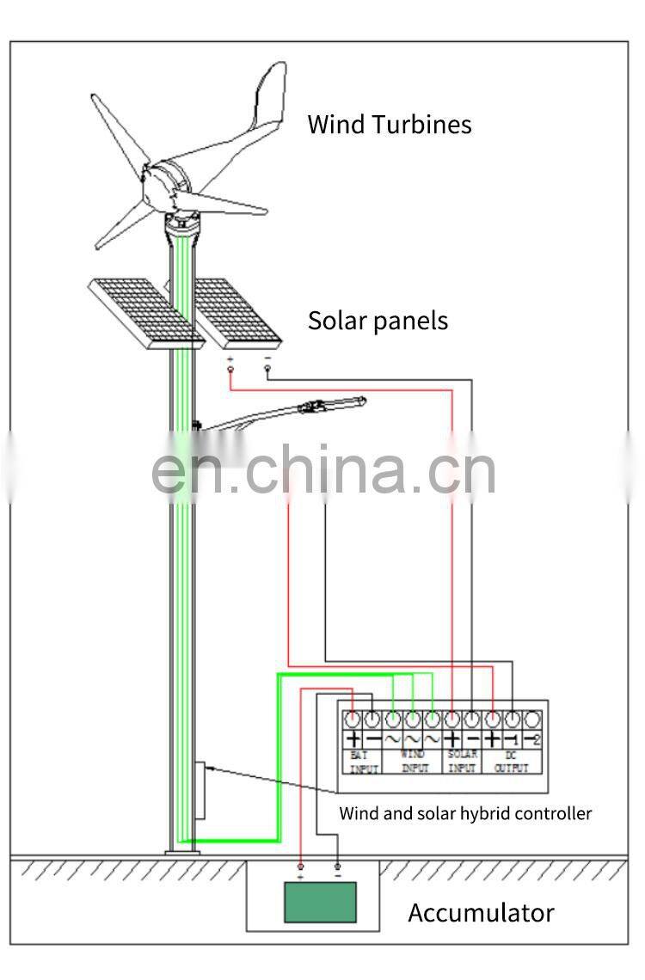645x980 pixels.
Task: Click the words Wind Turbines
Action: pos(390,124)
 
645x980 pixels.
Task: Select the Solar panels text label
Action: pos(378,321)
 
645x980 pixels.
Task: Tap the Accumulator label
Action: pos(481,912)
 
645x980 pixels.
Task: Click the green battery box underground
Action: pos(320,902)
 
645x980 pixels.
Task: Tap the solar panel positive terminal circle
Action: pos(230,370)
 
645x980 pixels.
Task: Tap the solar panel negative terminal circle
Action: pos(267,370)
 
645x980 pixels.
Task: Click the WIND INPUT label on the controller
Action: pos(414,762)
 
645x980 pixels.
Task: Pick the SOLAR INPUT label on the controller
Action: pos(462,762)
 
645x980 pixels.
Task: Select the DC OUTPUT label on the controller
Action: pos(511,762)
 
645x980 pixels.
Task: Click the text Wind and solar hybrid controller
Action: pos(464,812)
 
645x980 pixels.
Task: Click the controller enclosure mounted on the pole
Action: pos(200,790)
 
